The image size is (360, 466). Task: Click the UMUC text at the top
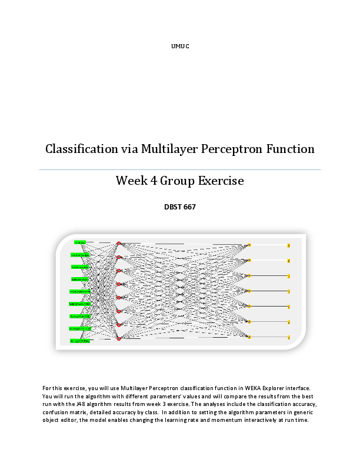coord(180,46)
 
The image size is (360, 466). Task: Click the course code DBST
coord(173,207)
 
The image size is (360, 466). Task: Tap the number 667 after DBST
coord(190,207)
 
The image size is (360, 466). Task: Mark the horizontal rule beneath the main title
coord(180,170)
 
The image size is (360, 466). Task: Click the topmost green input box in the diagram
coord(80,242)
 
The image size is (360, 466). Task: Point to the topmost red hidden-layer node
coord(119,244)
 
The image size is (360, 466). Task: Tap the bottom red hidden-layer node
coord(119,338)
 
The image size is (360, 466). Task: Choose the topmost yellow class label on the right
coord(288,245)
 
